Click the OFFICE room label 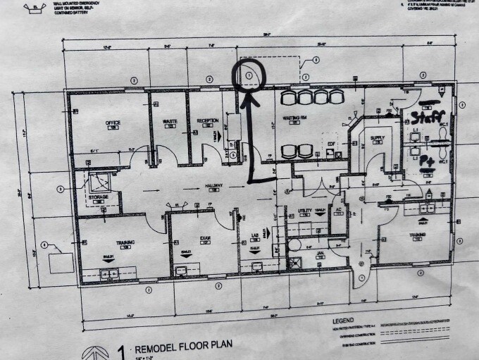pyautogui.click(x=113, y=123)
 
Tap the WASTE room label pyautogui.click(x=170, y=121)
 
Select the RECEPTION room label pyautogui.click(x=207, y=120)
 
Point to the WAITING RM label pyautogui.click(x=292, y=117)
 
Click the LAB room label pyautogui.click(x=254, y=237)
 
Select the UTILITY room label pyautogui.click(x=304, y=211)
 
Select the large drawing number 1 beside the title pyautogui.click(x=120, y=349)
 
